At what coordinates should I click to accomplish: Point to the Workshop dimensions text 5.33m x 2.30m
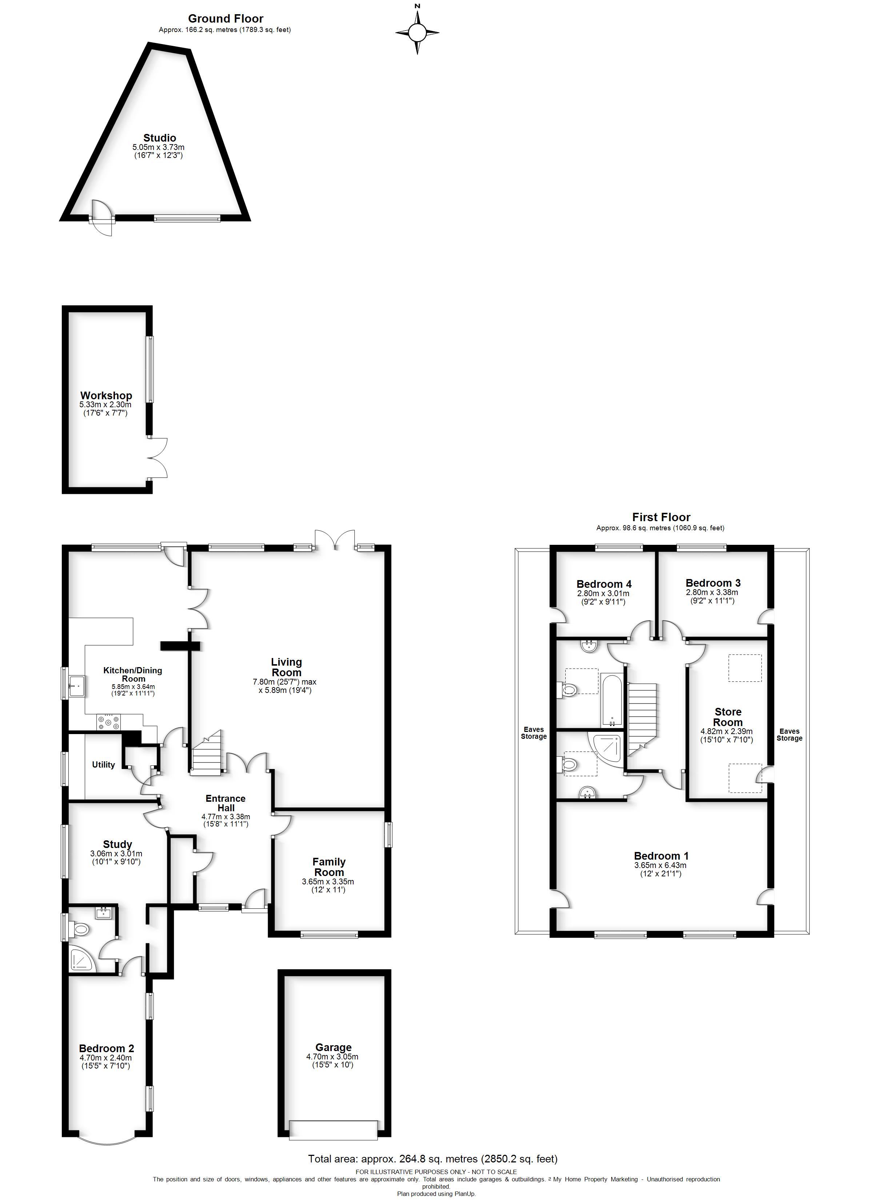(x=105, y=405)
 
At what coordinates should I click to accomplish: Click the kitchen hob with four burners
(x=108, y=722)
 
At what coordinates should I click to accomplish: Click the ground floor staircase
(x=207, y=754)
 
